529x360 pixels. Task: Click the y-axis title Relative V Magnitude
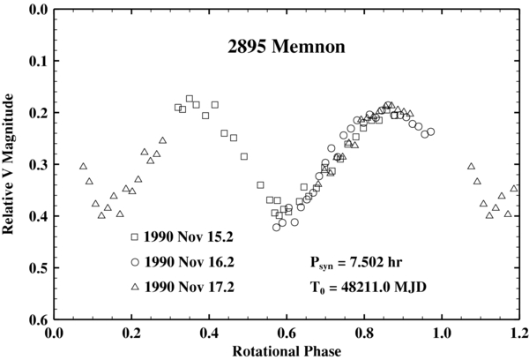tap(11, 164)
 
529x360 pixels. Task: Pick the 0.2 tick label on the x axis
tap(131, 333)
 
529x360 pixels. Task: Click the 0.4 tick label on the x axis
tap(209, 333)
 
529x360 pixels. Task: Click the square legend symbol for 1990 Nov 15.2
tap(134, 237)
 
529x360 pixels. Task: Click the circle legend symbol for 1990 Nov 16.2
tap(134, 262)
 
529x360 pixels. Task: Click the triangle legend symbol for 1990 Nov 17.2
tap(134, 286)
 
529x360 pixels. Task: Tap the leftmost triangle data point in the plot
tap(83, 166)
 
